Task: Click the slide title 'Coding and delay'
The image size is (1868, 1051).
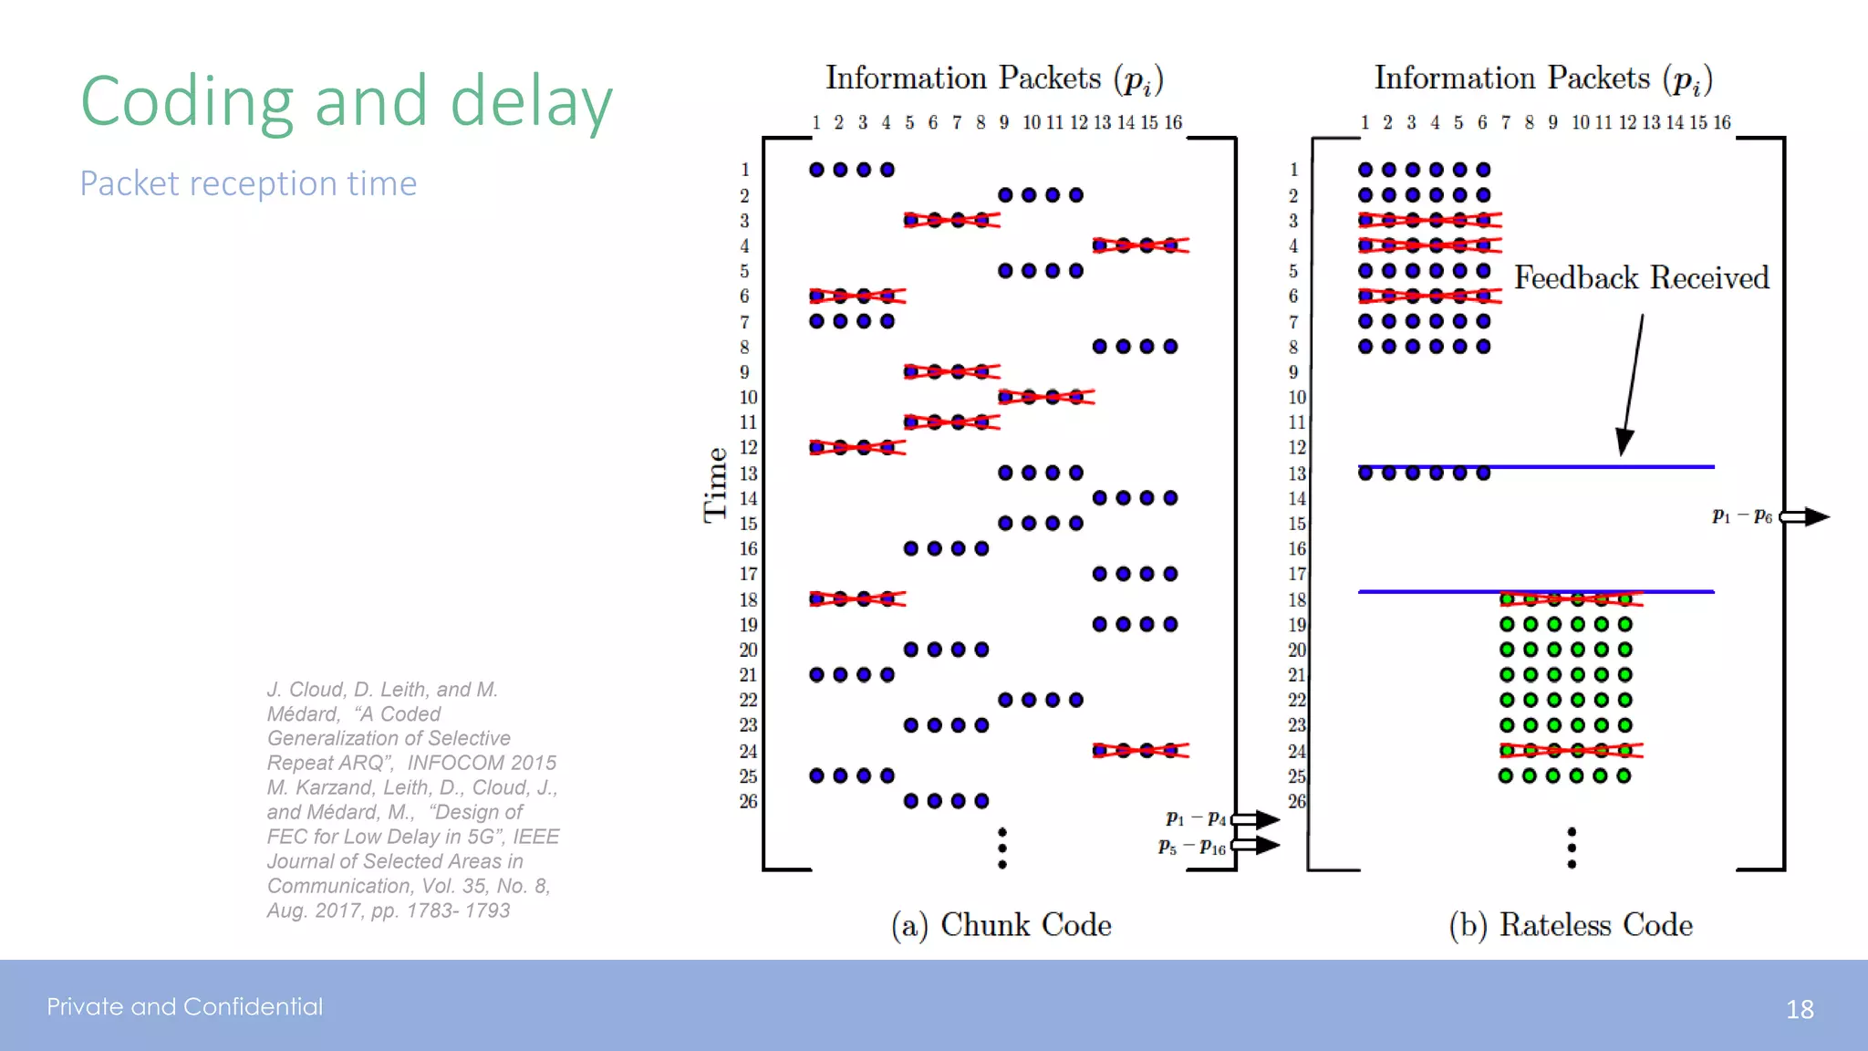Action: (346, 101)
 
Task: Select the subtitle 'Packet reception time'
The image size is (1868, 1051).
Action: (248, 183)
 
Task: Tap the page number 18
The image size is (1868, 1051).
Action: (1799, 1009)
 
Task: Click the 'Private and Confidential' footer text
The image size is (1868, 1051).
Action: (185, 1006)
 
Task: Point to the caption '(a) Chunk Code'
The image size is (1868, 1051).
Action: (1001, 925)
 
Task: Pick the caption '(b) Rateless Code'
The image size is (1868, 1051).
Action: (1570, 925)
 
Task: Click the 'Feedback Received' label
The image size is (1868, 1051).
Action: (1641, 277)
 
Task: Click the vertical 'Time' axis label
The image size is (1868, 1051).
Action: (715, 484)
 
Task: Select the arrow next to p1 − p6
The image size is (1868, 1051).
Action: (1805, 516)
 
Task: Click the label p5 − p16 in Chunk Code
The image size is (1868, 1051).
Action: (1191, 847)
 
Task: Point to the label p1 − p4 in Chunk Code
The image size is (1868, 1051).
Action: (1195, 818)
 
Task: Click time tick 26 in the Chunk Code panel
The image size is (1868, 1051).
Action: (748, 801)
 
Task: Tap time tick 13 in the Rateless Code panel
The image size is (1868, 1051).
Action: (1296, 473)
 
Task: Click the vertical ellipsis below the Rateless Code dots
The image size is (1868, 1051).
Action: (1572, 848)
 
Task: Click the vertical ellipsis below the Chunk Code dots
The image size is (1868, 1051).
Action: (1002, 848)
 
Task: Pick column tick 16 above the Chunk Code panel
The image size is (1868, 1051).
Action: (1173, 122)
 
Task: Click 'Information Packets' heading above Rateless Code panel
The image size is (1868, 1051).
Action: (1512, 78)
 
